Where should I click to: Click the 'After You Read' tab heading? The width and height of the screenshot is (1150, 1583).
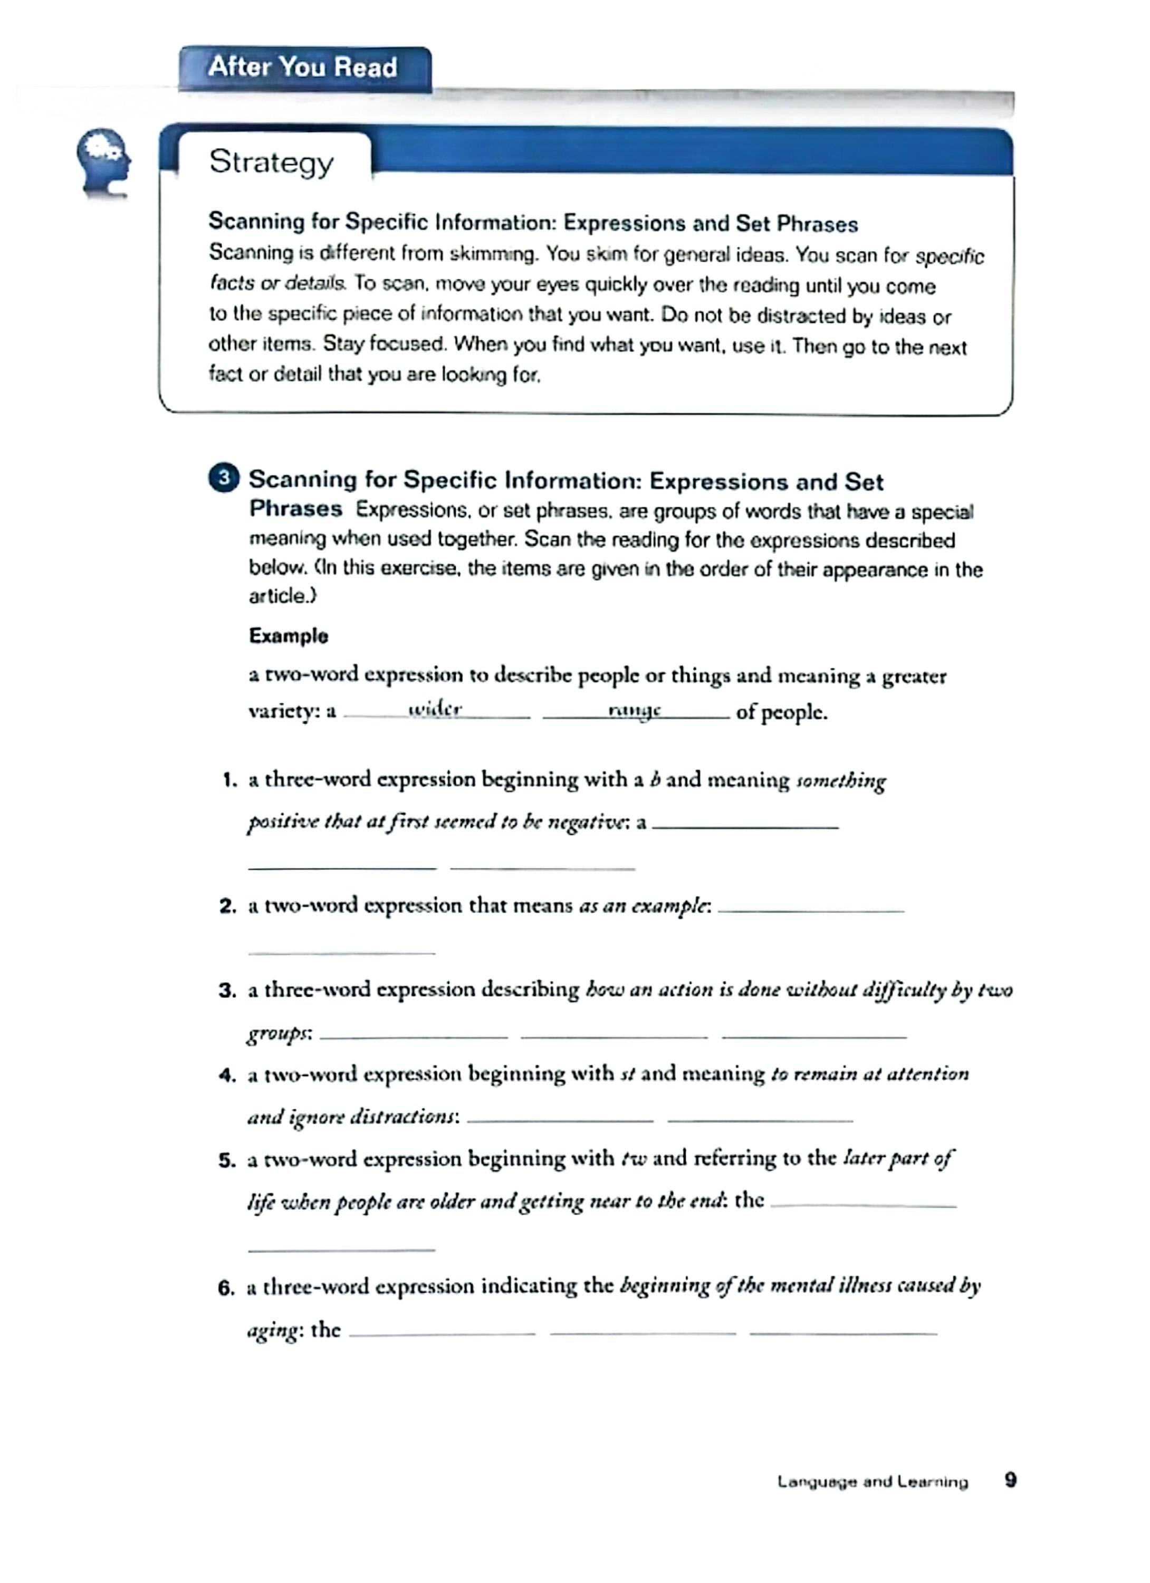pyautogui.click(x=303, y=68)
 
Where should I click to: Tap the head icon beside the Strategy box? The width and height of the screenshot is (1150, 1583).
pyautogui.click(x=104, y=163)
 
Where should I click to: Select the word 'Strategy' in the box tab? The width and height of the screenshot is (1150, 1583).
pyautogui.click(x=272, y=162)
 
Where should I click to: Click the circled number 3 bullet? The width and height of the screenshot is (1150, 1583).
pyautogui.click(x=223, y=478)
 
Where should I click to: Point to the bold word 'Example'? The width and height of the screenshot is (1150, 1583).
pyautogui.click(x=288, y=636)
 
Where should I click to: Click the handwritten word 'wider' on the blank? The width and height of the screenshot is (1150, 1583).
pyautogui.click(x=435, y=709)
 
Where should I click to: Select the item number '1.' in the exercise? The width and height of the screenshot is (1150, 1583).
pyautogui.click(x=229, y=780)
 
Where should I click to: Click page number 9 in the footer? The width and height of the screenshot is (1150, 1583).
pyautogui.click(x=1010, y=1480)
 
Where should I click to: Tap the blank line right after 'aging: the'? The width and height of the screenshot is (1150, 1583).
pyautogui.click(x=442, y=1332)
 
